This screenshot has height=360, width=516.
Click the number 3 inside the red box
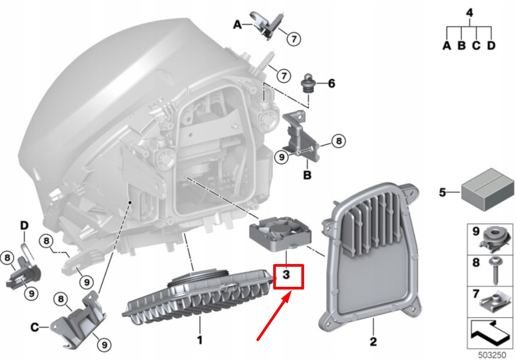(x=287, y=275)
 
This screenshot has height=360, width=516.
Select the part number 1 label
(x=199, y=340)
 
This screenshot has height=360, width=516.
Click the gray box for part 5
(x=486, y=190)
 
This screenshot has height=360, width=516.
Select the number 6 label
(x=331, y=83)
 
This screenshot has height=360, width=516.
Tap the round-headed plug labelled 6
(x=309, y=83)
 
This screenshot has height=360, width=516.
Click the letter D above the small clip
(x=24, y=225)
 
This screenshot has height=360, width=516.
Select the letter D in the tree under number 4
(x=491, y=46)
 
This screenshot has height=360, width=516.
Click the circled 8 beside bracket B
(x=337, y=142)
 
